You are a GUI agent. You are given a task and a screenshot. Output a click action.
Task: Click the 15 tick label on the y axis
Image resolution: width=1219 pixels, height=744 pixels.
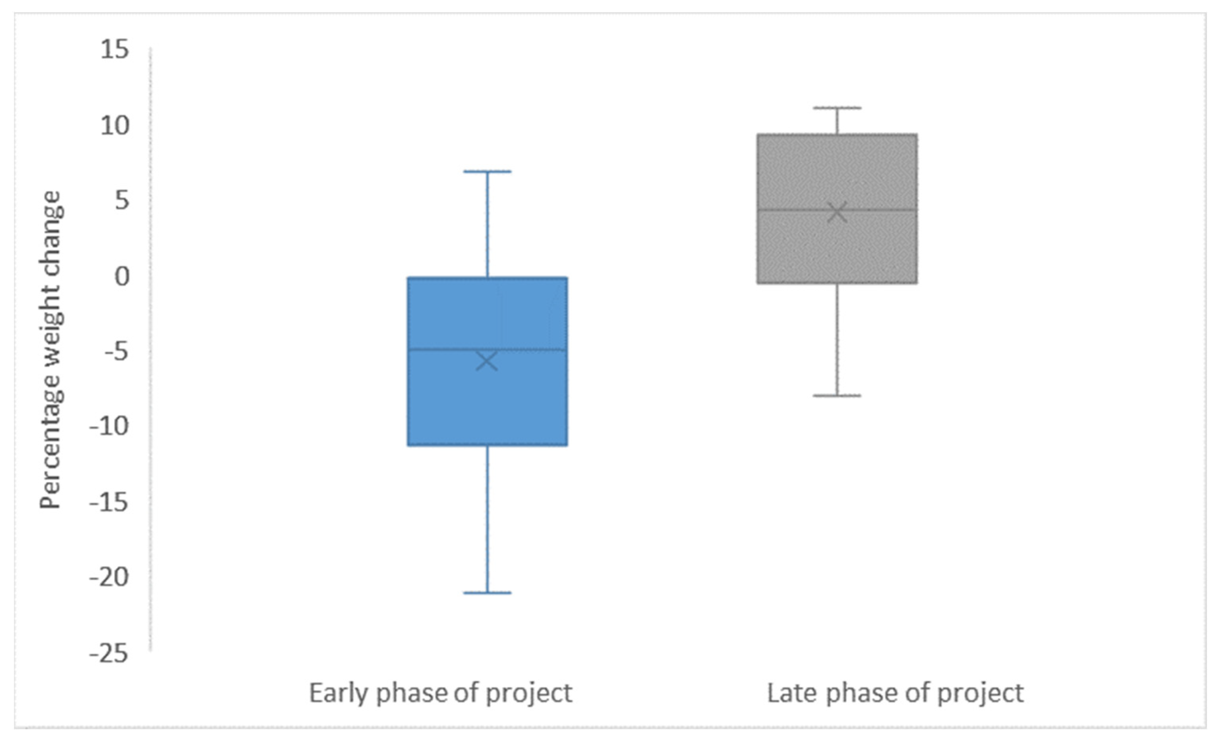coord(114,50)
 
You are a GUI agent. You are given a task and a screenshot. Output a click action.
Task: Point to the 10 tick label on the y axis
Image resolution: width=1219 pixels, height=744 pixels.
coord(114,126)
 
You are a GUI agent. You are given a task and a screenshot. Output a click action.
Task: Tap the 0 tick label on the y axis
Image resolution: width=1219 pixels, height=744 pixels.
coord(122,276)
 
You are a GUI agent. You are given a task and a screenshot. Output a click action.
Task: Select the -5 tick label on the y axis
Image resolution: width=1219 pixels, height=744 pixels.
coord(116,352)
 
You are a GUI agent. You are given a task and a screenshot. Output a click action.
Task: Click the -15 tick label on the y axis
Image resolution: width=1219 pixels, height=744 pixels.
coord(109,503)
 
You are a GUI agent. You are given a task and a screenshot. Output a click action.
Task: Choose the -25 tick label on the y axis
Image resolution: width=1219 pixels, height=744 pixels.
coord(109,654)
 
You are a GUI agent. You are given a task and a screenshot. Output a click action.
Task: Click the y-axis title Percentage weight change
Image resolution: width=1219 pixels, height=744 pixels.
coord(51,350)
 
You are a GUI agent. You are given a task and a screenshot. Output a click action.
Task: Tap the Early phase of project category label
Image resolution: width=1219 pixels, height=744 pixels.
coord(440,694)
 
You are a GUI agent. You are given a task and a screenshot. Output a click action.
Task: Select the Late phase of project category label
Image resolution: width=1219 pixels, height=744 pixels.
coord(895,694)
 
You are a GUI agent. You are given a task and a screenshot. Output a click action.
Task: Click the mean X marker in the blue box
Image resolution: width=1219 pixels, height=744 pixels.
coord(487,361)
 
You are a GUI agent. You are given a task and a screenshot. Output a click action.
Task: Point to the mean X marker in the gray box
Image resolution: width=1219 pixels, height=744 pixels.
coord(837,212)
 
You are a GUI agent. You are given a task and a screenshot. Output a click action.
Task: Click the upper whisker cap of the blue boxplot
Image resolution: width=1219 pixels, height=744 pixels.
coord(487,171)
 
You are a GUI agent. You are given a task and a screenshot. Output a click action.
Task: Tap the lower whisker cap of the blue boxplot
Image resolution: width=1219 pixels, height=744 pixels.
coord(487,593)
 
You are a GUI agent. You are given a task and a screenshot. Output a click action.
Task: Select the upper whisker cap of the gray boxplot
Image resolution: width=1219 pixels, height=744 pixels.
coord(837,107)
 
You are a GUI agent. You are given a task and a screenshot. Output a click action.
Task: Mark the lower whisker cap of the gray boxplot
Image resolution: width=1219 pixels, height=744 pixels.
coord(837,395)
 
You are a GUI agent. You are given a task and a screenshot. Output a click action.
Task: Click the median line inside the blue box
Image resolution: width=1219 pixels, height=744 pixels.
coord(487,349)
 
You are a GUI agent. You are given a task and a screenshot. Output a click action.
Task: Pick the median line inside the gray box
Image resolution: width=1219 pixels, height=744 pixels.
coord(837,210)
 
